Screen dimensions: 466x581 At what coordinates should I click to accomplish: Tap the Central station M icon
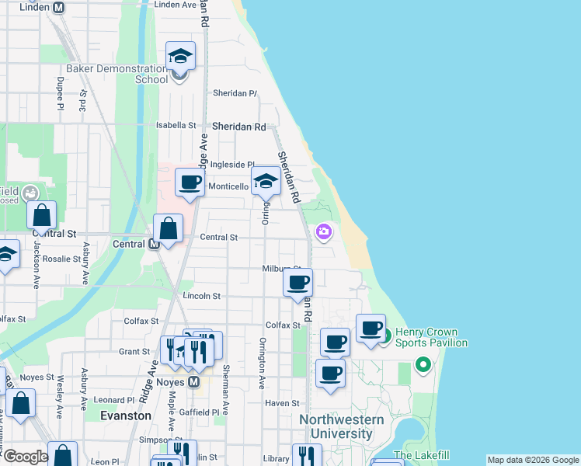[154, 243]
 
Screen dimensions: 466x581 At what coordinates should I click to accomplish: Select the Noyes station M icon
[194, 382]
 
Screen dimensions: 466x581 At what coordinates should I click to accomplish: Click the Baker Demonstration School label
[117, 73]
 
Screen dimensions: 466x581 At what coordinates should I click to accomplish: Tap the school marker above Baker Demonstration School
[180, 56]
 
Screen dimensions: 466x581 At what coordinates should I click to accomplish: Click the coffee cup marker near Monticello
[190, 183]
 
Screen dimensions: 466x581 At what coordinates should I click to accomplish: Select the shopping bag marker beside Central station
[168, 229]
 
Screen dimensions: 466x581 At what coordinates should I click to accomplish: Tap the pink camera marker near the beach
[323, 231]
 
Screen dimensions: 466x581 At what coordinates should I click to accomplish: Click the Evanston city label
[126, 416]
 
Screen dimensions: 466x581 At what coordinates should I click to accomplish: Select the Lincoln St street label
[202, 296]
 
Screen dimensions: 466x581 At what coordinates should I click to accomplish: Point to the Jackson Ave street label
[36, 265]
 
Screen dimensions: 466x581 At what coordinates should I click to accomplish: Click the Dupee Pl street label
[60, 93]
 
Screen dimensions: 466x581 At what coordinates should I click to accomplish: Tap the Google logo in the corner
[25, 457]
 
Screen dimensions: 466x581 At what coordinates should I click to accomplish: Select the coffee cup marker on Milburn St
[297, 283]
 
